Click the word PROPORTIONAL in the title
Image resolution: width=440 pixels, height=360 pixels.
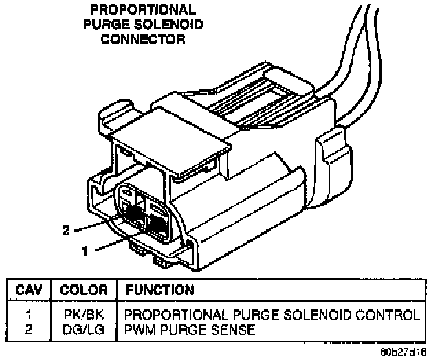point(142,11)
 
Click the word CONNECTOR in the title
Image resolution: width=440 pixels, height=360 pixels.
point(143,39)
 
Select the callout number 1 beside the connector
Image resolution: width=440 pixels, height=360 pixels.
point(85,251)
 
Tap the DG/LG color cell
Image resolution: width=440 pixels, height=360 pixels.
point(83,330)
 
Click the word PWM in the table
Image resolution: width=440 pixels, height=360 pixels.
point(137,330)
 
